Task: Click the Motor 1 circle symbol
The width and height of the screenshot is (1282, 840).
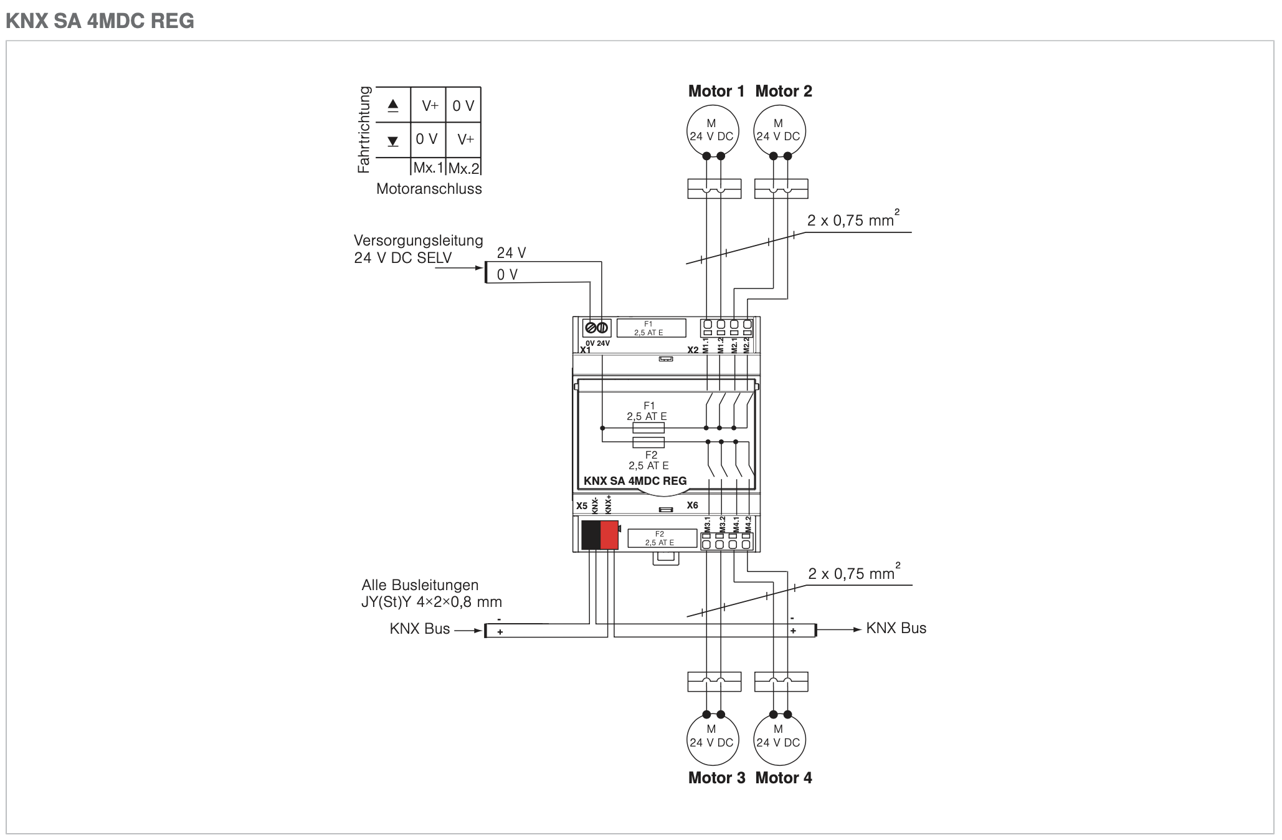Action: point(712,131)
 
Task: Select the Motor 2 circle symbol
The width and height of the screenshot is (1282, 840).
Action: point(779,131)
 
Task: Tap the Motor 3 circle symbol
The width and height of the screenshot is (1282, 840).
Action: point(712,738)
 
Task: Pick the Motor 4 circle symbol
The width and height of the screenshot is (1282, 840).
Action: point(779,738)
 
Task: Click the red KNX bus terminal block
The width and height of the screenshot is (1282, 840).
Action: point(609,535)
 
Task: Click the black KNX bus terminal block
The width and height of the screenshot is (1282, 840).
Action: point(591,535)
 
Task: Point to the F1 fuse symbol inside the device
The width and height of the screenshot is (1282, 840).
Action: point(648,428)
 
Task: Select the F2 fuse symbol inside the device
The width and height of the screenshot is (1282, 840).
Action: point(648,442)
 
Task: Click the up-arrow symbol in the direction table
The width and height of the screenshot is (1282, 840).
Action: point(393,106)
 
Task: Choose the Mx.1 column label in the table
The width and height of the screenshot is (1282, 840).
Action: point(428,168)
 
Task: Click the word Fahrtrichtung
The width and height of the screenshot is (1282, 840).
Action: point(364,130)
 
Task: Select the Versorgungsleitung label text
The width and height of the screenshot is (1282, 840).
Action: point(418,241)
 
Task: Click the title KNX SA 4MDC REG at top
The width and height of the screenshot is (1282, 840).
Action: point(100,21)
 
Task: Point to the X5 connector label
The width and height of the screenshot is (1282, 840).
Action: point(582,505)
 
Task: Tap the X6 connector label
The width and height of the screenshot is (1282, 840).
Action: point(692,505)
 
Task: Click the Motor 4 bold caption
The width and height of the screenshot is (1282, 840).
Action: point(784,778)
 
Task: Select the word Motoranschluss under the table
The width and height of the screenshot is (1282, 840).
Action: point(429,189)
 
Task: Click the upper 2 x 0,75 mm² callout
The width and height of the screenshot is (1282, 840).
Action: point(852,220)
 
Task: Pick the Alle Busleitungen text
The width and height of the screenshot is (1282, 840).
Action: point(420,585)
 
